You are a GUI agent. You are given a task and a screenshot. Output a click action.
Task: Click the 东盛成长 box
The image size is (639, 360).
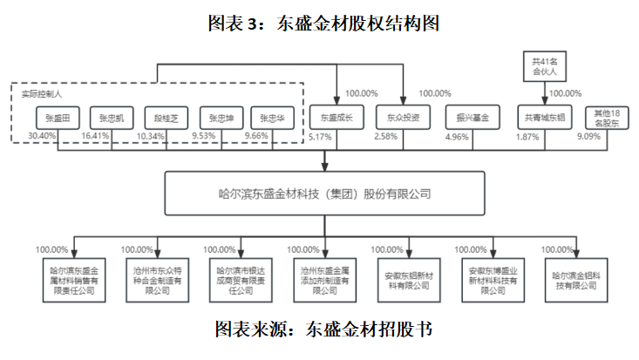pos(334,116)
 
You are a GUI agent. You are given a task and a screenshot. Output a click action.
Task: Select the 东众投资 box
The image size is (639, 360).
pos(403,116)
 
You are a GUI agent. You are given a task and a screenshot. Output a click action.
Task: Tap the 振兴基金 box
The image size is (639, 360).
pos(472,116)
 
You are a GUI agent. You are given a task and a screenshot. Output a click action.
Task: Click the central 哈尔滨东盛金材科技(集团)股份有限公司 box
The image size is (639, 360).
pos(324,194)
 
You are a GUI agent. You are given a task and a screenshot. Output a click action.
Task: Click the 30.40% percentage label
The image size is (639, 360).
pos(42,136)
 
